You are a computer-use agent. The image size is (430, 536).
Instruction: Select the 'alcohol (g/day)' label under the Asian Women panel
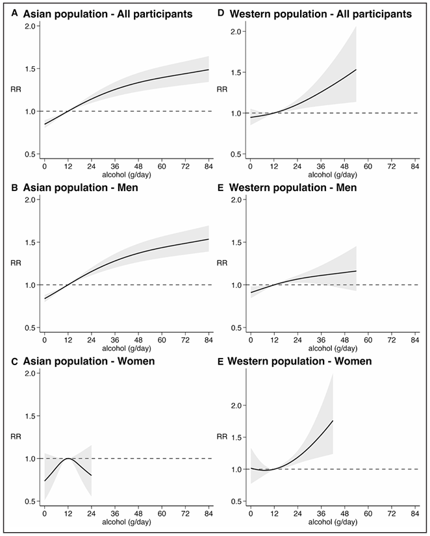click(x=128, y=522)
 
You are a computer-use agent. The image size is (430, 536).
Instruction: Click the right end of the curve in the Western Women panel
click(x=333, y=421)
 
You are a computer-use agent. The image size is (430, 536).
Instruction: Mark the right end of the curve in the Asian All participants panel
click(x=209, y=70)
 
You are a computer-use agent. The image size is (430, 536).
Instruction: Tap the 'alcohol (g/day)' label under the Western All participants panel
click(x=334, y=175)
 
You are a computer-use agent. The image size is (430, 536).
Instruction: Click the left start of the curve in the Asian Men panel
click(x=44, y=299)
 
